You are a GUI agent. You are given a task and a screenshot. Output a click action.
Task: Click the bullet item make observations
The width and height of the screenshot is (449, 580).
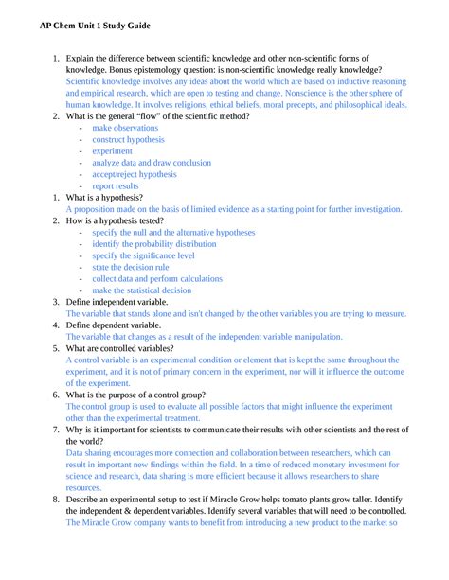[x=127, y=127]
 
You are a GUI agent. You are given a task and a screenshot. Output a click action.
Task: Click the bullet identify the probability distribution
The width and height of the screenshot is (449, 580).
[x=154, y=243]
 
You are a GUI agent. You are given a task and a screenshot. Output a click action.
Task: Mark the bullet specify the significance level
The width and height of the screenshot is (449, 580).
[x=143, y=255]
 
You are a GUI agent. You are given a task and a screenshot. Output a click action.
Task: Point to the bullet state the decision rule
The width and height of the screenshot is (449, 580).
[x=131, y=267]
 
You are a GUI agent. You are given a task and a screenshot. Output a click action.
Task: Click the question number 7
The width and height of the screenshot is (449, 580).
[x=56, y=429]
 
